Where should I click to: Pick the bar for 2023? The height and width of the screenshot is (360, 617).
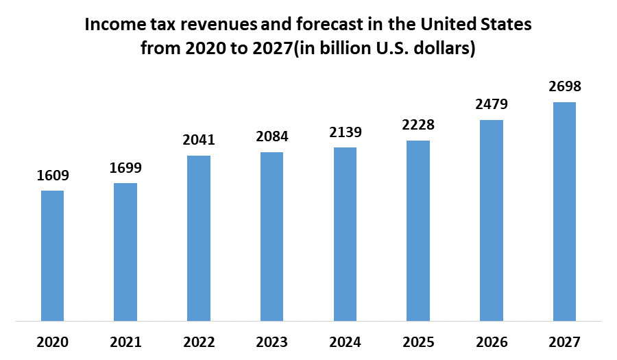[x=271, y=236]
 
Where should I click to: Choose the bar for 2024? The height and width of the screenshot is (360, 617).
[x=345, y=234]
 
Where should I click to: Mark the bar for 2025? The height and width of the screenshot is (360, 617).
[x=418, y=230]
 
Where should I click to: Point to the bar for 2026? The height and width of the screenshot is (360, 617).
[x=492, y=220]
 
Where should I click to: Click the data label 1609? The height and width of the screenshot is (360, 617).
[x=53, y=176]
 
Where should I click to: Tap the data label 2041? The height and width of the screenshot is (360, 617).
[x=199, y=140]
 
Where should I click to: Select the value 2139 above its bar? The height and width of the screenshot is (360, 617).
[x=345, y=132]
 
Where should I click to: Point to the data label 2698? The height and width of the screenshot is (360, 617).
[x=564, y=87]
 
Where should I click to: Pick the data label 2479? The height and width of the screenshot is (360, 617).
[x=492, y=105]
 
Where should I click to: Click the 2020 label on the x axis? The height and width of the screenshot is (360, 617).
[x=53, y=341]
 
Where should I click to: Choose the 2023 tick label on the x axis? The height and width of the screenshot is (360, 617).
[x=271, y=341]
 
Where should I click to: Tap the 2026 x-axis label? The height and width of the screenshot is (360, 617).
[x=492, y=341]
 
